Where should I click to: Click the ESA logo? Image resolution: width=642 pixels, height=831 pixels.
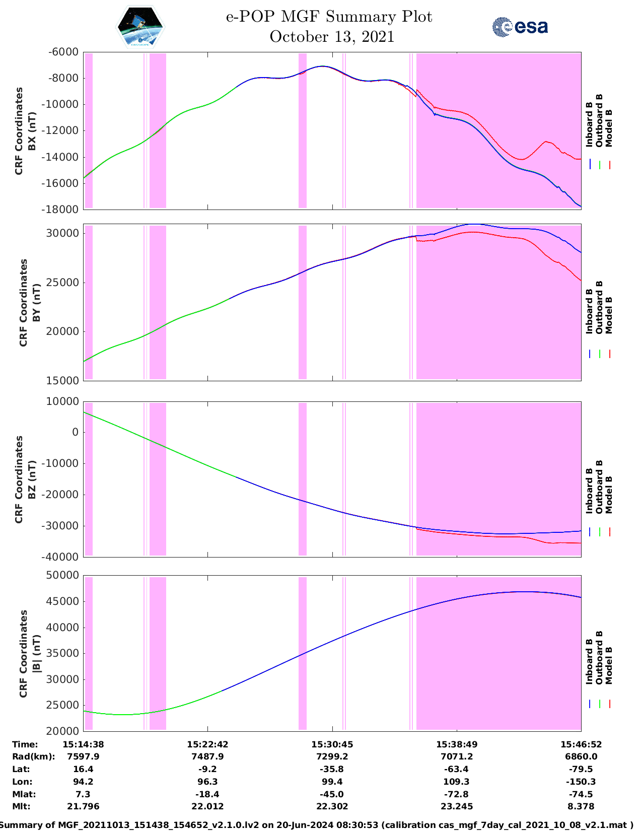pos(520,27)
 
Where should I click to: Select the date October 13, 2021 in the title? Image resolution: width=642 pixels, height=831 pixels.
pos(332,37)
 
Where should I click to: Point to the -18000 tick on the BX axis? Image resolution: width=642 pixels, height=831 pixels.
pos(63,209)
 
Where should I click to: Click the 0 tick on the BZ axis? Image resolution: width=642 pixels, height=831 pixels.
pos(75,432)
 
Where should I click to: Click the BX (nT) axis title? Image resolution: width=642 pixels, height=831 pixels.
pos(32,131)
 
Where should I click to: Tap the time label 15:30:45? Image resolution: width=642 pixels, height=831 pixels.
pos(332,744)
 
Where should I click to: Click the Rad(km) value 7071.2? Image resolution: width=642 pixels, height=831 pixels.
pos(457,756)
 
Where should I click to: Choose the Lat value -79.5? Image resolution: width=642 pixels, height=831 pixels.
pos(581,769)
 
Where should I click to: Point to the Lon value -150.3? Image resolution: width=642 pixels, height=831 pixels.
pos(581,782)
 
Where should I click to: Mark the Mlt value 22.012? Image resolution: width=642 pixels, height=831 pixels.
pos(207,806)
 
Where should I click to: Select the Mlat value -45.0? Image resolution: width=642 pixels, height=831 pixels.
pos(332,794)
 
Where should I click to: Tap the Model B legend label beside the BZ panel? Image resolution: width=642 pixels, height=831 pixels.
pos(609,495)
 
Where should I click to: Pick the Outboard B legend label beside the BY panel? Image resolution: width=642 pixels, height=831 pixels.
pos(599,307)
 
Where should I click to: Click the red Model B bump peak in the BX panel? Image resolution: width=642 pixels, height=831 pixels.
pos(547,142)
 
